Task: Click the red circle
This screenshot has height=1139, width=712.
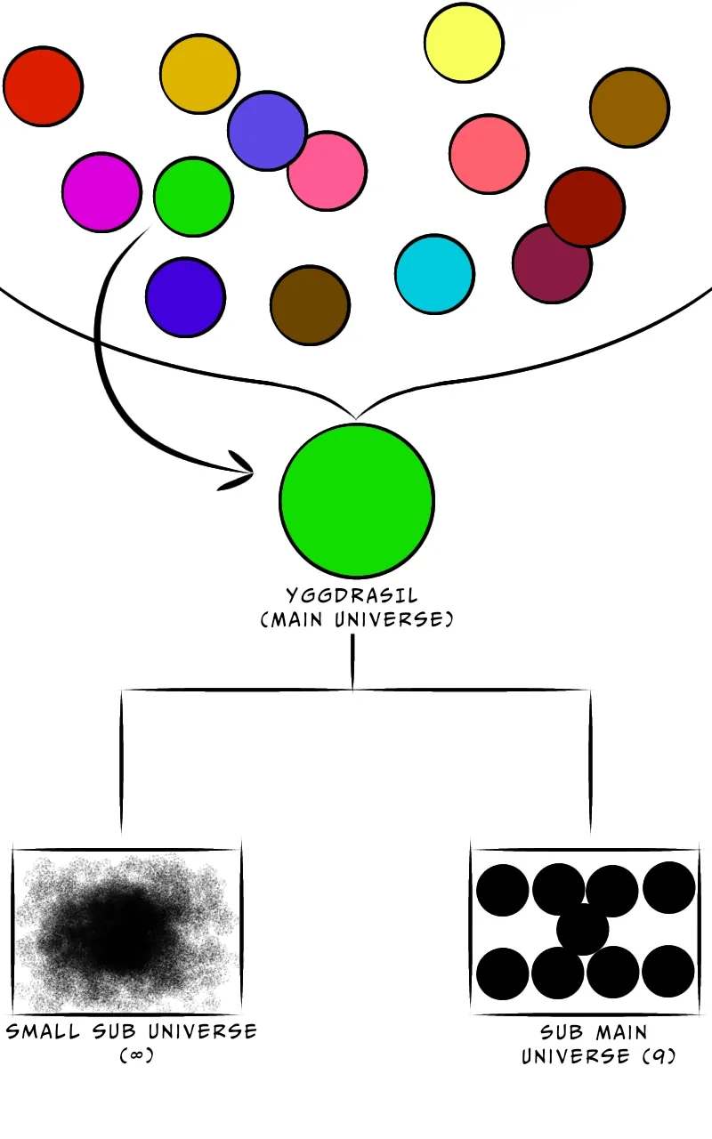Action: [x=43, y=86]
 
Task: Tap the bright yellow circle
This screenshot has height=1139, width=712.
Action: [x=464, y=43]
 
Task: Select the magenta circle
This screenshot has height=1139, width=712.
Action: [x=101, y=191]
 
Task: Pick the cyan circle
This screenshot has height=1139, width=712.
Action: [x=433, y=274]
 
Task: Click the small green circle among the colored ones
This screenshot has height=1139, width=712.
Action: [x=193, y=197]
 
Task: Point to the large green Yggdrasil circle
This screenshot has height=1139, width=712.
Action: [x=357, y=499]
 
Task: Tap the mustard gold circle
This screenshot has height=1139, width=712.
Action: [x=199, y=74]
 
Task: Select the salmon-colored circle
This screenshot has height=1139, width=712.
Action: [x=489, y=154]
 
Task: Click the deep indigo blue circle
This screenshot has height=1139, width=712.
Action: [x=185, y=297]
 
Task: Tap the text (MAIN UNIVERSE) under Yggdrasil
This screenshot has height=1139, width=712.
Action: [x=356, y=619]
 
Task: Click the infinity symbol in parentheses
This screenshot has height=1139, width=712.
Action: [x=132, y=1056]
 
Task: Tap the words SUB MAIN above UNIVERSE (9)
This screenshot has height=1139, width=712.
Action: [x=595, y=1033]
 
